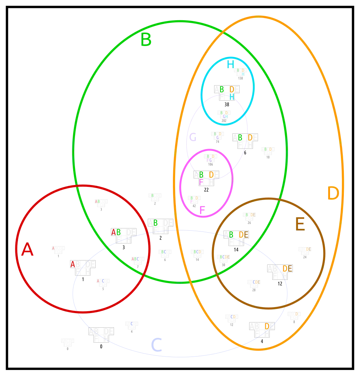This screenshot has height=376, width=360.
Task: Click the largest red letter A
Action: click(x=27, y=250)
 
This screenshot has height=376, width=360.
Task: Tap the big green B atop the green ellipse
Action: click(x=146, y=40)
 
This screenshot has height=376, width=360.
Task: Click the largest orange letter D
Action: click(x=333, y=194)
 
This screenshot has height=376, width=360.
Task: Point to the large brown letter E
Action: click(x=300, y=225)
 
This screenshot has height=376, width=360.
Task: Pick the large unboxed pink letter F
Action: click(x=202, y=210)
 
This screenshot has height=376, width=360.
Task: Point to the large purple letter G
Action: click(x=192, y=138)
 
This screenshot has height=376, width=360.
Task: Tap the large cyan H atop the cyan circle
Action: click(x=230, y=64)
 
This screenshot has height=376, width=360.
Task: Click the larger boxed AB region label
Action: click(x=116, y=232)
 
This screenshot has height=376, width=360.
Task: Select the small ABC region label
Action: click(x=135, y=259)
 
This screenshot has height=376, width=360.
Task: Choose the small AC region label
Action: click(x=100, y=281)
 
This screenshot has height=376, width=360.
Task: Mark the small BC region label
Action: click(x=164, y=252)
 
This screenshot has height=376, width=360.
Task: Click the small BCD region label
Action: click(x=197, y=252)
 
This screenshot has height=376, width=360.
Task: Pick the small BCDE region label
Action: click(x=225, y=257)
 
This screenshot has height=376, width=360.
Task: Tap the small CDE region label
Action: click(x=256, y=282)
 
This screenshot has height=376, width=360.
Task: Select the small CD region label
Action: click(x=234, y=317)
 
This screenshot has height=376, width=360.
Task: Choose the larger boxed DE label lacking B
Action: click(x=288, y=269)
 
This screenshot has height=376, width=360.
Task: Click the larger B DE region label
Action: click(x=238, y=234)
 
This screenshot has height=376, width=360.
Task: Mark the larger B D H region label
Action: click(x=227, y=91)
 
